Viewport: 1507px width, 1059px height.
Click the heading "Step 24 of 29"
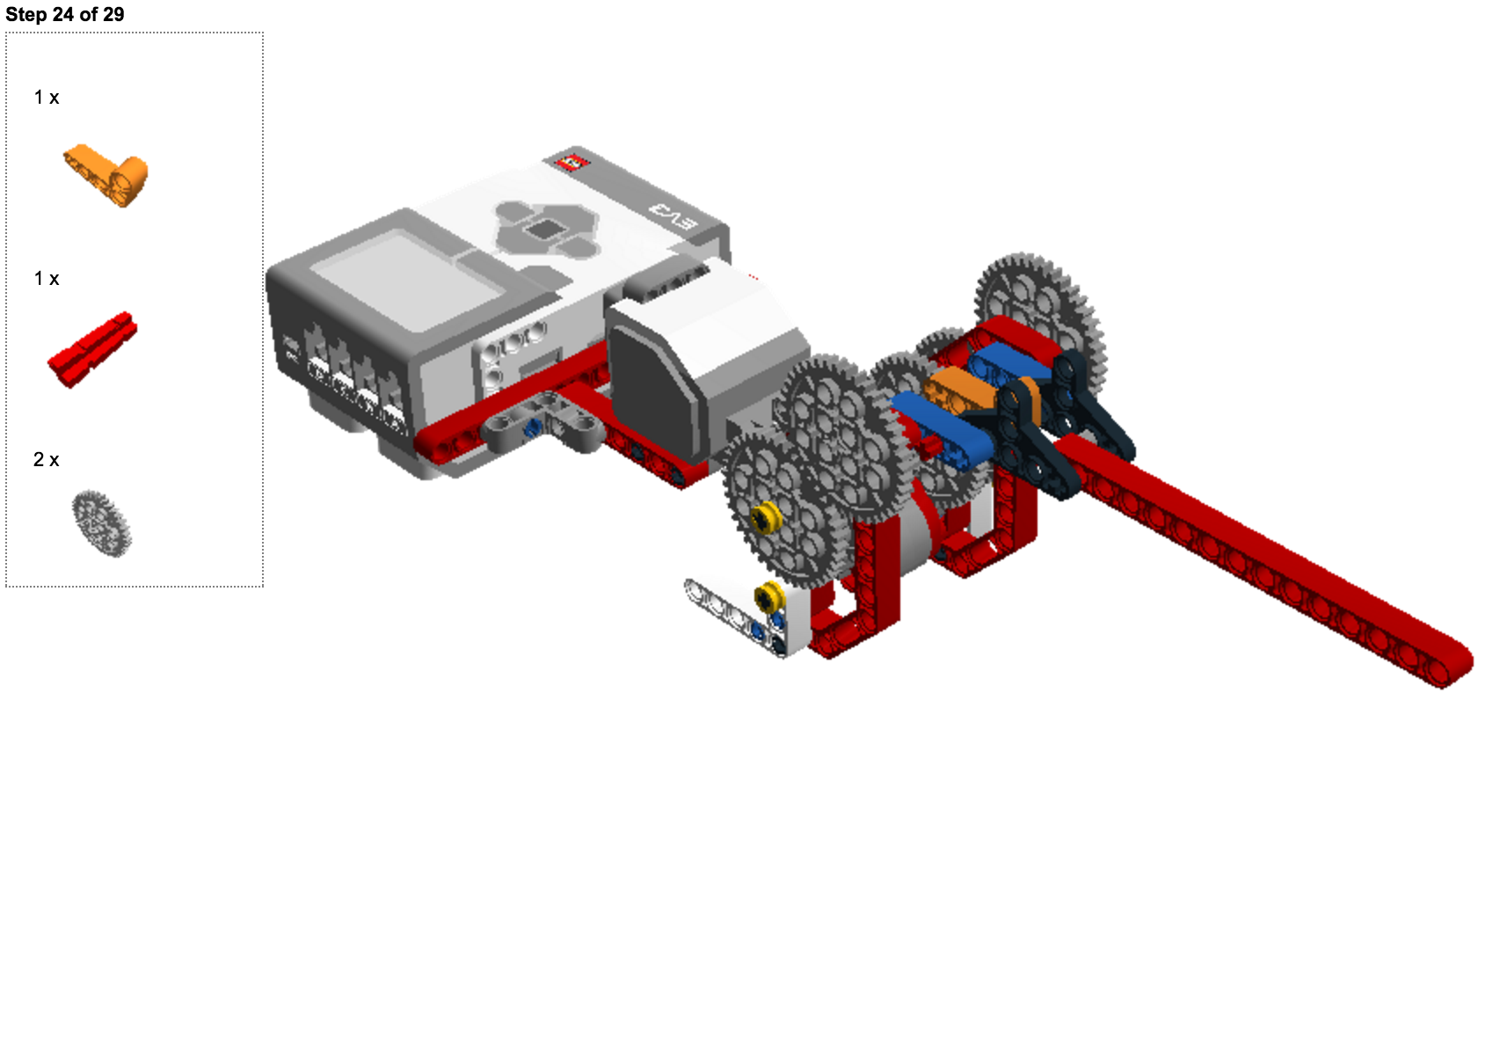tap(64, 14)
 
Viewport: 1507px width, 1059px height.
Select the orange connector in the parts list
tap(106, 175)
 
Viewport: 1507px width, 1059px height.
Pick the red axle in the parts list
tap(92, 349)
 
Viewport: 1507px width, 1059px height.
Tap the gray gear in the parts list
tap(102, 523)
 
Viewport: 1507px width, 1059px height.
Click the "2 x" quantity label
tap(47, 460)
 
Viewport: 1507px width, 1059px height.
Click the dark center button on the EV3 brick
tap(546, 230)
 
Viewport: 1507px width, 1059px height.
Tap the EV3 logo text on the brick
tap(673, 215)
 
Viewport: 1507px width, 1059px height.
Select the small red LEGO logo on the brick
tap(571, 162)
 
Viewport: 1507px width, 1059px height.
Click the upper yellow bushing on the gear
tap(766, 518)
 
